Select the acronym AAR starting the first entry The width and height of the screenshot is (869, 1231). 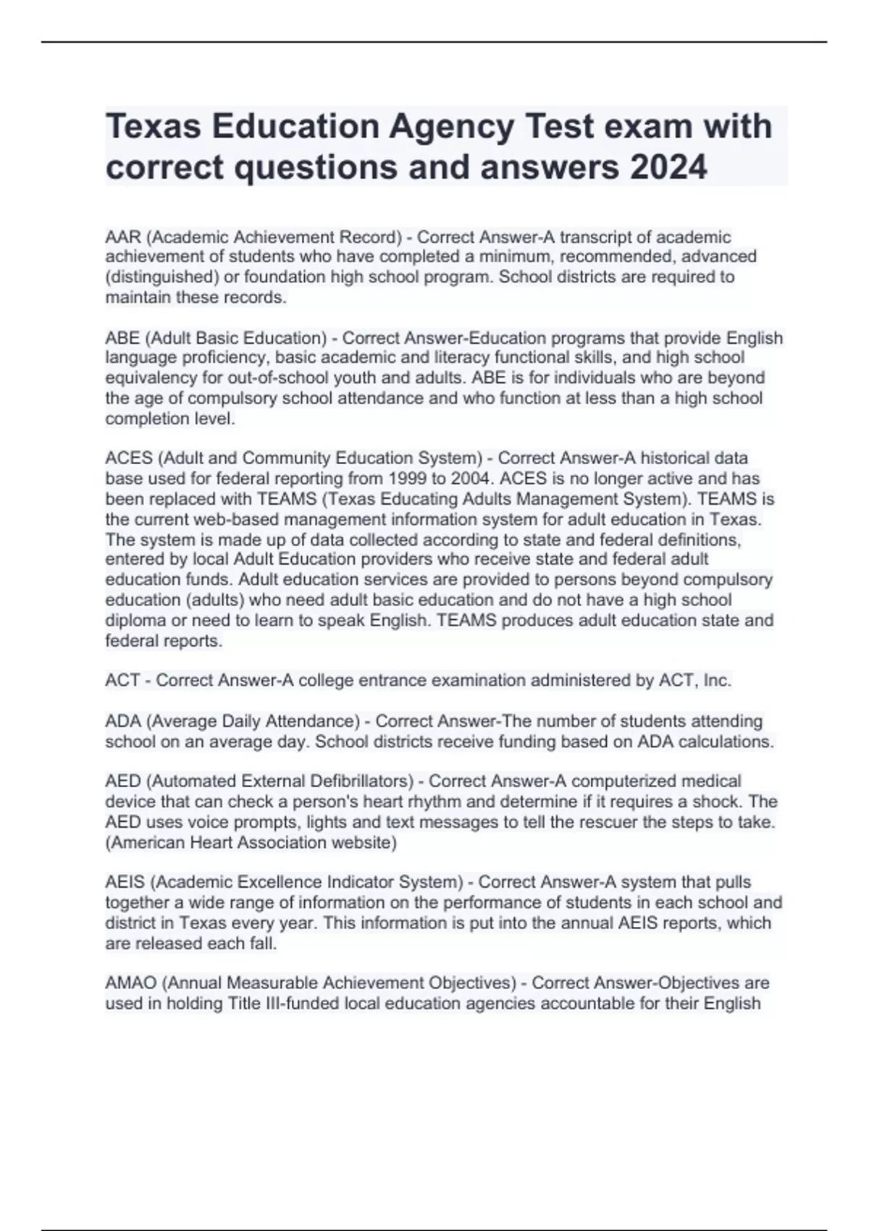tap(123, 237)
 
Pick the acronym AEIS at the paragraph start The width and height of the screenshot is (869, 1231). tap(125, 882)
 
